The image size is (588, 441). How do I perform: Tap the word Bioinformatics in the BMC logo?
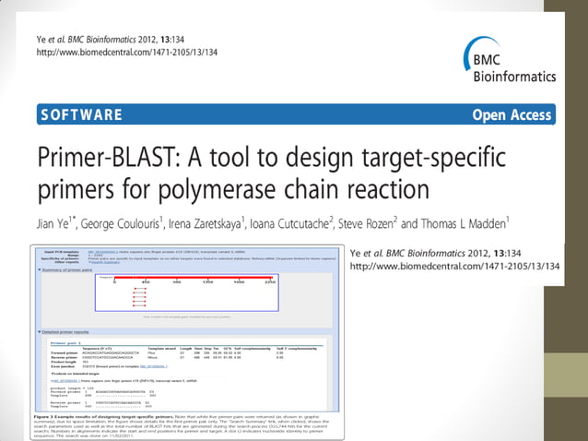point(514,76)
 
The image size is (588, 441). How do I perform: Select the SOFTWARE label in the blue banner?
point(81,115)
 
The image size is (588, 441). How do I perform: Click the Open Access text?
point(512,115)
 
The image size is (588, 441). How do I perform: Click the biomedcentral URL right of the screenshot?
point(456,267)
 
